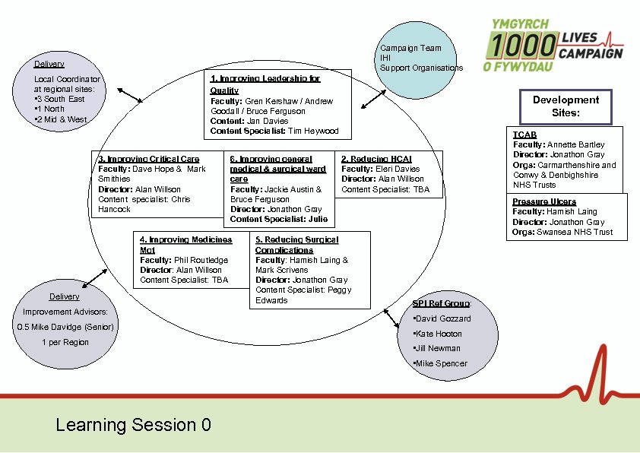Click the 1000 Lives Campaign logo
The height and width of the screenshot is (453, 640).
(553, 46)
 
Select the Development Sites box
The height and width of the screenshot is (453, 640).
(566, 106)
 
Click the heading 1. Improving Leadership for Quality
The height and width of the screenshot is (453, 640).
(265, 84)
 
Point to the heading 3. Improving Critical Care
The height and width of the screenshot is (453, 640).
(149, 159)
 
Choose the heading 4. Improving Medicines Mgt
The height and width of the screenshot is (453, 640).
(185, 245)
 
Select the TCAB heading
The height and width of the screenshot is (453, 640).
(524, 135)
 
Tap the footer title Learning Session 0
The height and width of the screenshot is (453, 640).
(133, 425)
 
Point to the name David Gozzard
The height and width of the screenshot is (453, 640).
(443, 318)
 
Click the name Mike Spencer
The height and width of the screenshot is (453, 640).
(441, 363)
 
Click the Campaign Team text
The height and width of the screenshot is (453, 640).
(410, 48)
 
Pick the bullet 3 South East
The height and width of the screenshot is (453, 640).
(62, 99)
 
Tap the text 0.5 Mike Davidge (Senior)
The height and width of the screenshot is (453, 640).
(65, 327)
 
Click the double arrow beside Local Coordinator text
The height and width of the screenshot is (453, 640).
(129, 95)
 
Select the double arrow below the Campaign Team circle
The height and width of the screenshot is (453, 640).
(372, 99)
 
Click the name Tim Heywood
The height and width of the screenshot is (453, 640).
(313, 131)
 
